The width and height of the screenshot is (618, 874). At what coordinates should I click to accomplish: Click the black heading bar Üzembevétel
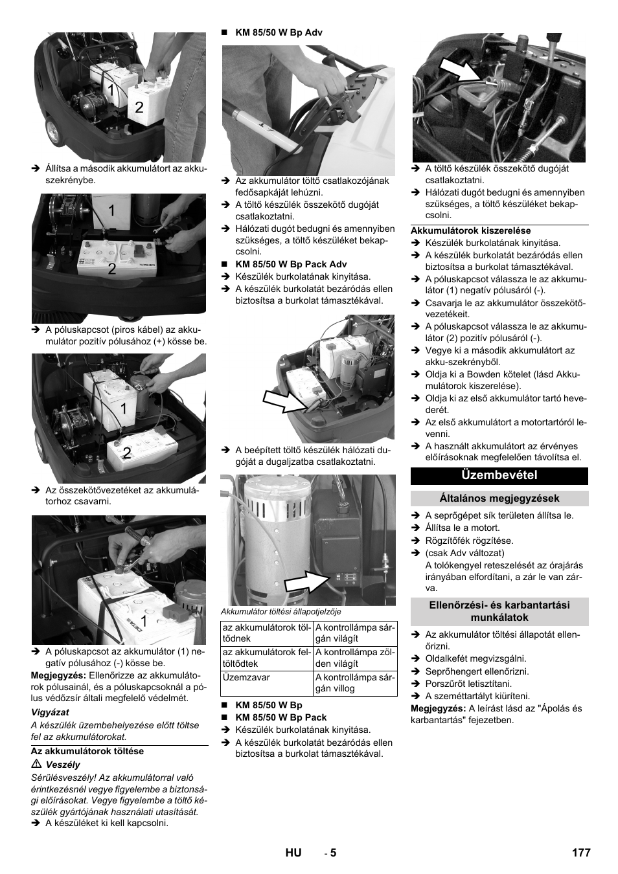coord(499,475)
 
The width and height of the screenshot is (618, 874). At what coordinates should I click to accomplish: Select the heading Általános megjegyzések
coord(499,499)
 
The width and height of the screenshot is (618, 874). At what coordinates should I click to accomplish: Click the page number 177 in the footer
coord(581,853)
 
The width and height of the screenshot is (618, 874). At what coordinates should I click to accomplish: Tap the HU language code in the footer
coord(293,853)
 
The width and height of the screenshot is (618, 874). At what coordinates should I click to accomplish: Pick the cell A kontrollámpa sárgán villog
coord(354,683)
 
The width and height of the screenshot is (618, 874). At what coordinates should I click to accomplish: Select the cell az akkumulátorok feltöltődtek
coord(266,658)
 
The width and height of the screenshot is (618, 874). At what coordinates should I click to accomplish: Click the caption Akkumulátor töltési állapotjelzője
coord(280,611)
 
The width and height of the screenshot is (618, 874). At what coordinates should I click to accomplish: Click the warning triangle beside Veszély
coord(35,765)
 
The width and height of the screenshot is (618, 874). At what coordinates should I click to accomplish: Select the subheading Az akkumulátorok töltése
coord(87,752)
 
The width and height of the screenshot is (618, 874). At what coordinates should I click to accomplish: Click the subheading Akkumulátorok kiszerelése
coord(471,230)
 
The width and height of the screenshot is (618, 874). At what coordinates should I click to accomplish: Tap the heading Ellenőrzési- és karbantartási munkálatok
coord(499,611)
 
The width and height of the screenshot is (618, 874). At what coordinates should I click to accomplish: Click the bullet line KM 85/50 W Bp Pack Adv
coord(291,264)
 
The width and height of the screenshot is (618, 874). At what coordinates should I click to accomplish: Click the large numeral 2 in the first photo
coord(139,107)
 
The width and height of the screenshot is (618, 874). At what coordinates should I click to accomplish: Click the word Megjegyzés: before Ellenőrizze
coord(54,675)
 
